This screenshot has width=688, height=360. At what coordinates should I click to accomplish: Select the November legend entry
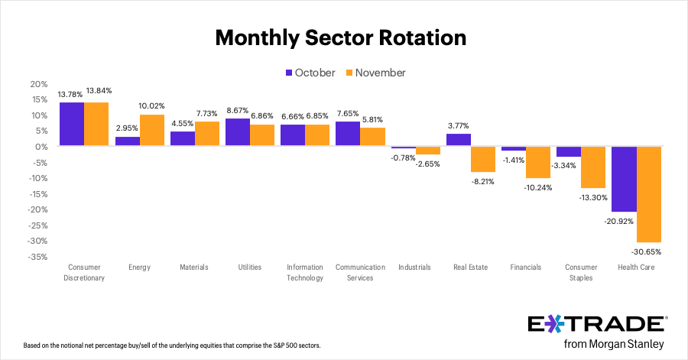pyautogui.click(x=375, y=73)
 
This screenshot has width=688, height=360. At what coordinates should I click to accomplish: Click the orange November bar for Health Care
pyautogui.click(x=648, y=194)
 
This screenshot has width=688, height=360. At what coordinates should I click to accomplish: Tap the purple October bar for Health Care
pyautogui.click(x=624, y=179)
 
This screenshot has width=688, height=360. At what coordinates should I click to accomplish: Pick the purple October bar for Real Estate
pyautogui.click(x=459, y=140)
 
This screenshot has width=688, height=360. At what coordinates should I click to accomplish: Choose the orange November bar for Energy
pyautogui.click(x=151, y=130)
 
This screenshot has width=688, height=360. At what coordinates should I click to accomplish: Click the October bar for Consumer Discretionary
pyautogui.click(x=72, y=124)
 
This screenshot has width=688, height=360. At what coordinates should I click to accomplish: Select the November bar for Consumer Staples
pyautogui.click(x=592, y=167)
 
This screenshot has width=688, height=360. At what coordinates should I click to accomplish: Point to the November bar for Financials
pyautogui.click(x=537, y=162)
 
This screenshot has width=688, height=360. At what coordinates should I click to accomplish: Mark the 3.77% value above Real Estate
pyautogui.click(x=459, y=125)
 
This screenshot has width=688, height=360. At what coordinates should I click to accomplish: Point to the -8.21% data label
pyautogui.click(x=483, y=182)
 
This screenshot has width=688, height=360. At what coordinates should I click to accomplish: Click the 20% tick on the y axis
pyautogui.click(x=38, y=84)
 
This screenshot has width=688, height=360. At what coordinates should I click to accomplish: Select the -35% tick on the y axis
pyautogui.click(x=37, y=257)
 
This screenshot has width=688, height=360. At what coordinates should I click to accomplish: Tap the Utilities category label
pyautogui.click(x=249, y=268)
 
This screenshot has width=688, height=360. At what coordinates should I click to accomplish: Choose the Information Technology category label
pyautogui.click(x=304, y=272)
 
